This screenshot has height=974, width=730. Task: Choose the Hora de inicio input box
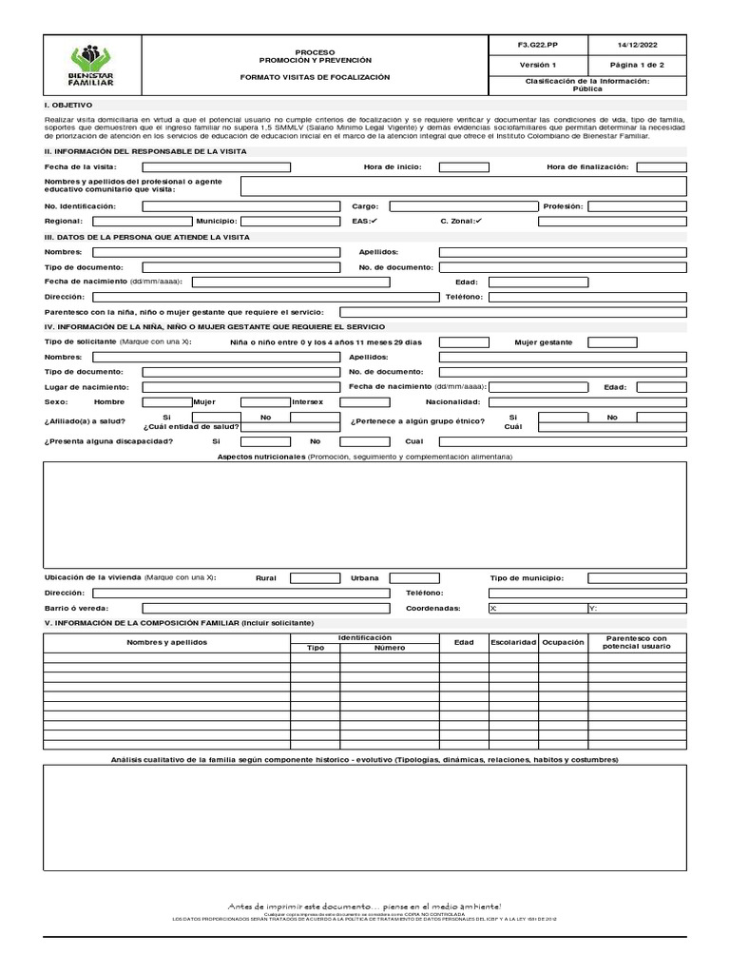click(464, 166)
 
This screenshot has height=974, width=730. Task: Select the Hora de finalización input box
click(661, 166)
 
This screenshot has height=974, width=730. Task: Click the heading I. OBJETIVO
click(68, 104)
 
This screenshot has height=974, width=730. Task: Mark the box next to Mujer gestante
click(635, 341)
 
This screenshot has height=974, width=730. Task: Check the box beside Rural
click(314, 577)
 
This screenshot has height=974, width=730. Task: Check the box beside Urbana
click(414, 577)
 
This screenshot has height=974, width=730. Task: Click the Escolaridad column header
click(513, 642)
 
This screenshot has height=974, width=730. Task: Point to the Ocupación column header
click(563, 642)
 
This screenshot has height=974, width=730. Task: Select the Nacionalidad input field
click(586, 402)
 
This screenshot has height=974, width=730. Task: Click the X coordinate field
click(537, 608)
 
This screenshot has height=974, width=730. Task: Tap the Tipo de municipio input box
click(636, 577)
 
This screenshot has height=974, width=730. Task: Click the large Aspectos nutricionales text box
click(364, 515)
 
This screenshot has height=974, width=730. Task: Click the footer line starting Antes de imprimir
click(364, 906)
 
